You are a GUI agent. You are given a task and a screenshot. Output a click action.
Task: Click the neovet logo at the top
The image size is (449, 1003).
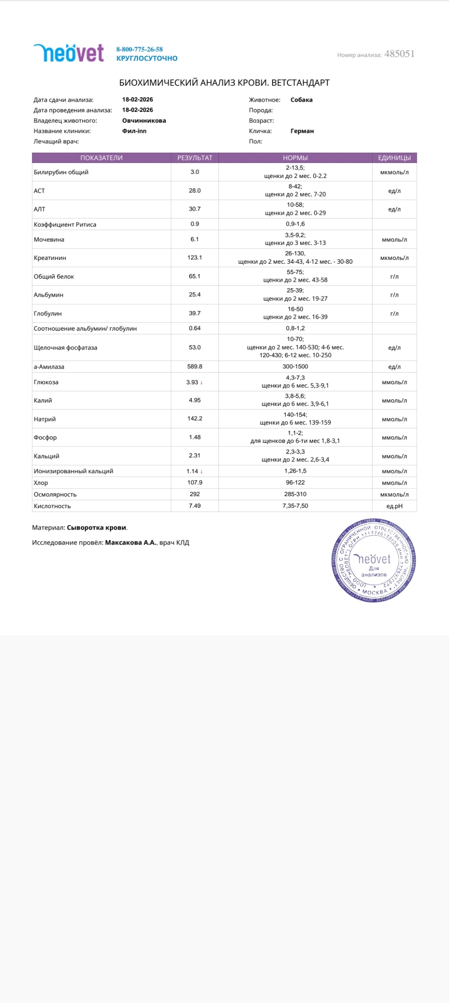pos(69,53)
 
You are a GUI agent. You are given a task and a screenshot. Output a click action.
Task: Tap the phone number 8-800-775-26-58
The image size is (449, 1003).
pos(139,49)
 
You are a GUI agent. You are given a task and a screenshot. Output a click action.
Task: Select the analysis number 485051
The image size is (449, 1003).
pos(399,54)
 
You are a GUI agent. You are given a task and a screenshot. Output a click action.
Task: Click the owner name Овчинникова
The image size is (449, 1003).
pos(144,120)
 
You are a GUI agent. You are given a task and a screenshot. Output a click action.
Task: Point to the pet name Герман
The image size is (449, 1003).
pos(302,131)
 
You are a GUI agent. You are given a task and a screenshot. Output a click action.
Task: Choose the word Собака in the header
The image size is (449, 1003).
pos(301,100)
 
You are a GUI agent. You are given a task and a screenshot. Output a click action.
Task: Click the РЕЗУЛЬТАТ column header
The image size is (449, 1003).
pos(195,158)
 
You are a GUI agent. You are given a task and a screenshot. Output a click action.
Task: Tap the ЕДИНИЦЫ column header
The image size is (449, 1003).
pos(394,158)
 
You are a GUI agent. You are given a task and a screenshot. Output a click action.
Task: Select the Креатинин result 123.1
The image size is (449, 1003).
pos(195,258)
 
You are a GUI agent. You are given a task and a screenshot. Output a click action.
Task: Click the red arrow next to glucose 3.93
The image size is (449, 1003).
pos(202,383)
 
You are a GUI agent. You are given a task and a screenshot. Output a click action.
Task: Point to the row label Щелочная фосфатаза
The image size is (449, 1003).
pos(66,348)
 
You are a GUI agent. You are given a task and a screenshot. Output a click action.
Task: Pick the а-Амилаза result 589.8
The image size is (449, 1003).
pos(195,367)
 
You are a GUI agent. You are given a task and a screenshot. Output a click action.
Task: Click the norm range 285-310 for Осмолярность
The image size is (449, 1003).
pos(295,494)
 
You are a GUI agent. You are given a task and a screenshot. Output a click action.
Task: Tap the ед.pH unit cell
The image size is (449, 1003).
pos(394,506)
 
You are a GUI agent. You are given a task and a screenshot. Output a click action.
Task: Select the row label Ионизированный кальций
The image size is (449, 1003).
pos(73,471)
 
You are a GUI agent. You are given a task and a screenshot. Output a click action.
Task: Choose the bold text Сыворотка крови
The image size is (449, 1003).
pos(96,528)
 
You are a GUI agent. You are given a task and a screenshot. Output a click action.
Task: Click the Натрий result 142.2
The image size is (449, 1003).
pos(195,419)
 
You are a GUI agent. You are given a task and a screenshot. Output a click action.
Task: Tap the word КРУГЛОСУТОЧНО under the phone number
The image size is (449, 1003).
pos(147,58)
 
